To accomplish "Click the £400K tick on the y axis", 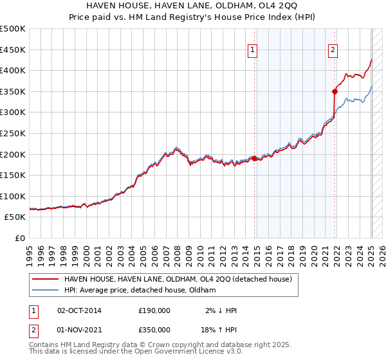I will pos(13,70).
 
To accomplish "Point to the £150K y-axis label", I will pos(13,175).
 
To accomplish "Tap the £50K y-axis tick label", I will pos(15,217).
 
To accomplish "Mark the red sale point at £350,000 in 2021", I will pos(335,91).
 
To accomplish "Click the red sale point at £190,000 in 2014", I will pos(254,158).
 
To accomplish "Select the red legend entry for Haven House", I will pos(178,279).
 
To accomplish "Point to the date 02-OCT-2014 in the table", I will pos(80,310).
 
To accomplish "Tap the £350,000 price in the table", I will pos(154,328).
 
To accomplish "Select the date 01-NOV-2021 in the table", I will pos(80,328).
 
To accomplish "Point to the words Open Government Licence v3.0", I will pos(187,353).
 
